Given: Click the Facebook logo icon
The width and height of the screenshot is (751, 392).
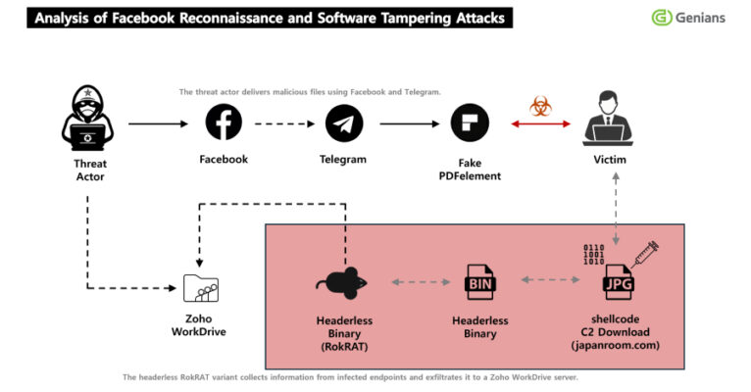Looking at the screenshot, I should pyautogui.click(x=224, y=123).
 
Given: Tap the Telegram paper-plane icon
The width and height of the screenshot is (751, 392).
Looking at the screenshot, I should pyautogui.click(x=343, y=123).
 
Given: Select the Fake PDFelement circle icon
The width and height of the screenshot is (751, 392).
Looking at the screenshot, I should pyautogui.click(x=469, y=123).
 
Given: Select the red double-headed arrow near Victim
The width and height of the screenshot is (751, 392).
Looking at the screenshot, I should pyautogui.click(x=540, y=124).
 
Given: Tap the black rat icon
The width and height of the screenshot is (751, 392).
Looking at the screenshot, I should pyautogui.click(x=342, y=282).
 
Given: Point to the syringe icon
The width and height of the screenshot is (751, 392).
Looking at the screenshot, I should pyautogui.click(x=642, y=253).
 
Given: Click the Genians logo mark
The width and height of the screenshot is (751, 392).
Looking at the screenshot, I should pyautogui.click(x=662, y=18).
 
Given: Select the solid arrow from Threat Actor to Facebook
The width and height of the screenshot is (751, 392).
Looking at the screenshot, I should pyautogui.click(x=157, y=124).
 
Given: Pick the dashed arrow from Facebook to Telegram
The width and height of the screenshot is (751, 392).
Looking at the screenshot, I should pyautogui.click(x=283, y=124).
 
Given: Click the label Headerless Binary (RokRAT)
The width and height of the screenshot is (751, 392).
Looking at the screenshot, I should pyautogui.click(x=343, y=332).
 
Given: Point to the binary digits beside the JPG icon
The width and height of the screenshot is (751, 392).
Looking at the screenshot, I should pyautogui.click(x=594, y=255).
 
